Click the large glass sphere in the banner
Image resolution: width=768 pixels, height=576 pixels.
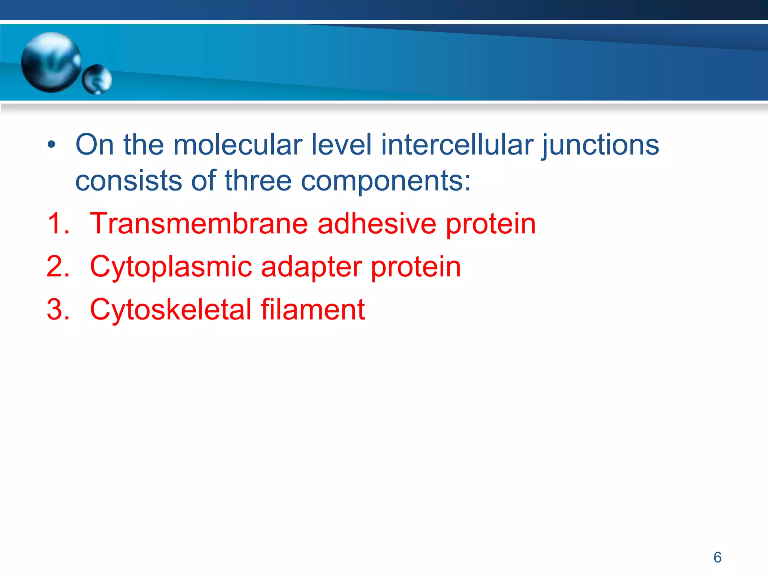pos(51,62)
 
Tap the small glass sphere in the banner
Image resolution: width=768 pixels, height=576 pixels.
pos(97,79)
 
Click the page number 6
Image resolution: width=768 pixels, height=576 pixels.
pos(717,557)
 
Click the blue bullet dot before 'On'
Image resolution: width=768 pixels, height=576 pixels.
pos(52,145)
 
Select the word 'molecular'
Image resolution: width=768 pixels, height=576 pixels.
pos(237,145)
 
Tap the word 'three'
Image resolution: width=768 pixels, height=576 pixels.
pos(258,180)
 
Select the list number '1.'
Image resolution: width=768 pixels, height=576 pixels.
pos(58,223)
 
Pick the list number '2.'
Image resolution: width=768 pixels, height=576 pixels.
pos(58,267)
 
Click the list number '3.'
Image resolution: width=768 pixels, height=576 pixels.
pos(58,310)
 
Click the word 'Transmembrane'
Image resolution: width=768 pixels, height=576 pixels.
pos(199,223)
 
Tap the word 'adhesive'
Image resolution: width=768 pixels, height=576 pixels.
pos(377,223)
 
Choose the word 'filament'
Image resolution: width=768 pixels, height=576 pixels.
pos(313,310)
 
